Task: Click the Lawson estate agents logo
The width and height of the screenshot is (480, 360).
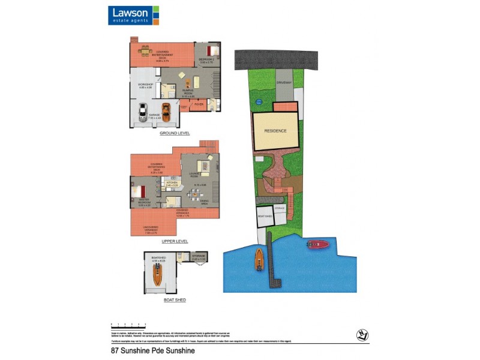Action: tap(133, 15)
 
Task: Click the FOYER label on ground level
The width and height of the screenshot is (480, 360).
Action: tap(199, 104)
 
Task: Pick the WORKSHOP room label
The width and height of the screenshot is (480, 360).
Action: tap(146, 85)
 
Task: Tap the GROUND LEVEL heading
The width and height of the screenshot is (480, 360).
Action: tap(175, 133)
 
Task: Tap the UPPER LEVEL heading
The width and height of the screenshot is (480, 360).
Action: tap(175, 241)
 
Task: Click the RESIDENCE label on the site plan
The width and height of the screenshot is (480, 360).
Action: tap(275, 130)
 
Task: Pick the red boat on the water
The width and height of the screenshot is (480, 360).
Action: tap(317, 244)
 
